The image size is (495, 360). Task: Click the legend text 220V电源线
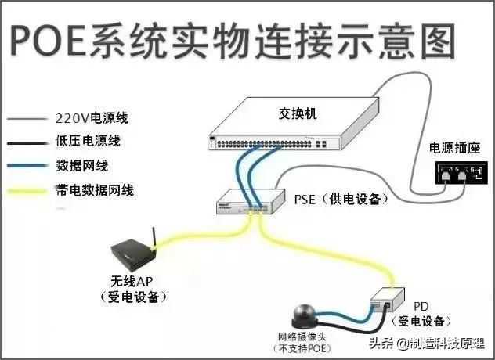coord(92,119)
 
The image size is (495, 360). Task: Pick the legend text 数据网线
coord(81,166)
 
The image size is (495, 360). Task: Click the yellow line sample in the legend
coord(28,191)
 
